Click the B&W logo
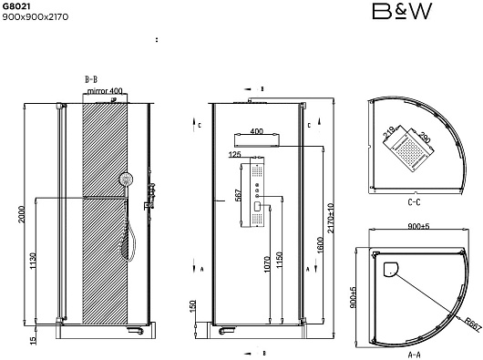point(402,12)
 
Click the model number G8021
point(16,6)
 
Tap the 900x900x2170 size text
point(36,17)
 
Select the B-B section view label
point(91,79)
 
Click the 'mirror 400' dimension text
point(105,91)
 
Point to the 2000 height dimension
point(22,215)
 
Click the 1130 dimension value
point(33,261)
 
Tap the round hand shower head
point(127,179)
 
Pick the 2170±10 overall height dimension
point(330,218)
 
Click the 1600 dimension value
point(320,245)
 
